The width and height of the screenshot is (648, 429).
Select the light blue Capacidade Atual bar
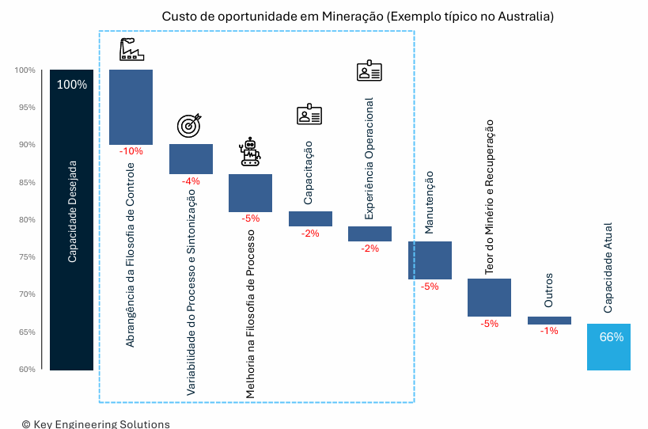click(x=608, y=347)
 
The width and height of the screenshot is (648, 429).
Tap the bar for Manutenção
click(x=430, y=260)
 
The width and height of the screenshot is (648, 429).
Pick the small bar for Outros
click(x=549, y=321)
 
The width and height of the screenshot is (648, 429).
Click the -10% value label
click(x=131, y=151)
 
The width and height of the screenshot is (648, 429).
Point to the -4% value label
click(x=191, y=181)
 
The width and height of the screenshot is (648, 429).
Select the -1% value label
click(x=549, y=331)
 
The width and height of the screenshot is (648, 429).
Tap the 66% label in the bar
click(x=611, y=337)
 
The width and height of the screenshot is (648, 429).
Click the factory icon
click(x=131, y=50)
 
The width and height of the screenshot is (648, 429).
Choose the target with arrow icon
click(x=190, y=125)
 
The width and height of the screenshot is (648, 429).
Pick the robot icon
click(x=251, y=152)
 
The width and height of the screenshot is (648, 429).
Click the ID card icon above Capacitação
click(x=309, y=116)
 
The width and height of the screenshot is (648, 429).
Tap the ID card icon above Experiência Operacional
click(x=369, y=71)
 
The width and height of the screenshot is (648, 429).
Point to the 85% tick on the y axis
click(x=25, y=183)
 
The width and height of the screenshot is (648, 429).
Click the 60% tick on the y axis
click(x=25, y=370)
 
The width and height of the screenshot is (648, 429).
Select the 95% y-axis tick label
click(x=25, y=108)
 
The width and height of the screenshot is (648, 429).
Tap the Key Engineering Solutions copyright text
click(x=96, y=424)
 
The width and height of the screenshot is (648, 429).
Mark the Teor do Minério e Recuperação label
click(x=490, y=197)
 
